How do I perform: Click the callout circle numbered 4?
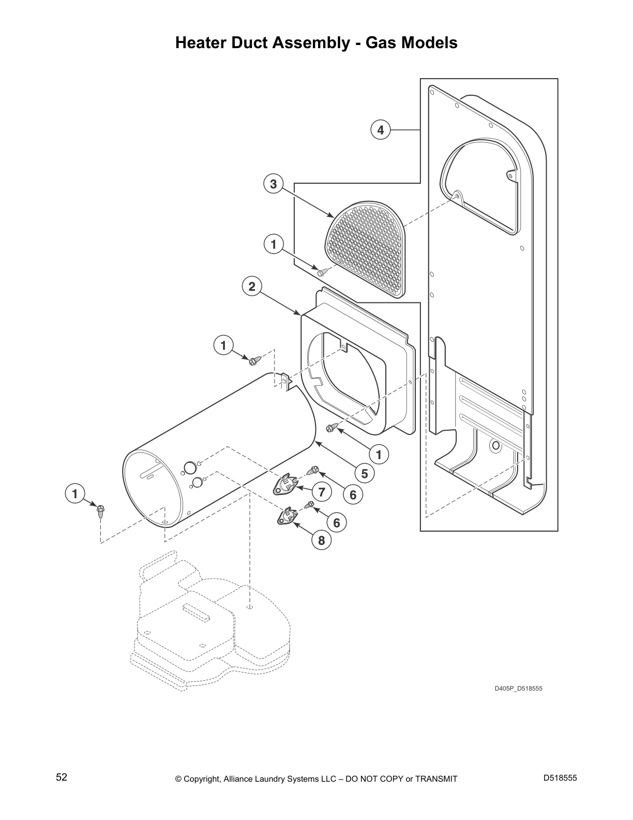click(x=381, y=130)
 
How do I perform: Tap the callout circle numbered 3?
click(x=274, y=183)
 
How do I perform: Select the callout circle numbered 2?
click(x=252, y=286)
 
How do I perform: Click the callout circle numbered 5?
click(x=364, y=473)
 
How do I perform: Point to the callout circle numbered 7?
click(x=322, y=492)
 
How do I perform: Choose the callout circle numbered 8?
click(x=321, y=540)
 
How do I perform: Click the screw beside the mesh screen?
click(x=322, y=269)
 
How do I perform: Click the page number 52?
click(x=62, y=778)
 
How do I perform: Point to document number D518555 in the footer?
click(x=560, y=778)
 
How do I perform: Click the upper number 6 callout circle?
click(x=353, y=495)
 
